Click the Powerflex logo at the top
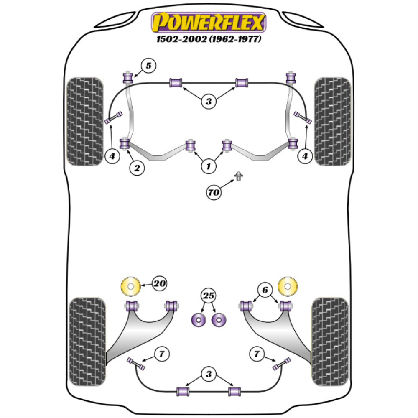coord(209,23)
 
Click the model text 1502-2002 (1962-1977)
coord(209,40)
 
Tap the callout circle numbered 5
coord(148,66)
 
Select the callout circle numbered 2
coord(136,168)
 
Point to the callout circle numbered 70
coord(214,192)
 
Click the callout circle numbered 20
coord(159,284)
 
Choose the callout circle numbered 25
coord(209,296)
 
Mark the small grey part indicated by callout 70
coord(239,176)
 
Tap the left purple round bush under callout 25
coord(199,320)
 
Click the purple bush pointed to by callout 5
coord(127,78)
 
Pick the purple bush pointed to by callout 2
coord(125,144)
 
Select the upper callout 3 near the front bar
coord(209,101)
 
